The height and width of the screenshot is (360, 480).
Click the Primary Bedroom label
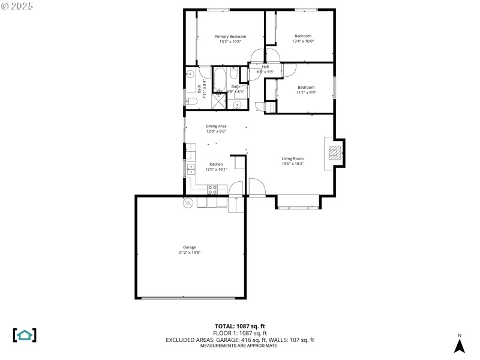230,37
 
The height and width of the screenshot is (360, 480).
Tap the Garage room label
190,247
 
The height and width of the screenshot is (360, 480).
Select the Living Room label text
293,158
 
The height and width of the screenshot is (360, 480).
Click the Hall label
265,67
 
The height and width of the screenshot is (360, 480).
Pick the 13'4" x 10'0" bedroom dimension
303,41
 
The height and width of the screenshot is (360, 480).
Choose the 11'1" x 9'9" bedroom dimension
306,92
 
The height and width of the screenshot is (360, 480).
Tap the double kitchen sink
190,168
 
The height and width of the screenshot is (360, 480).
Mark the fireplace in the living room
335,152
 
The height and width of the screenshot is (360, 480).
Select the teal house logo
25,335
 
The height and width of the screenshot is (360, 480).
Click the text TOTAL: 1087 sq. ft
240,326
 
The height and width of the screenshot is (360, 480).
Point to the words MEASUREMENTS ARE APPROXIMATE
240,346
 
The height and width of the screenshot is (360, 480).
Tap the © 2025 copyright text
18,6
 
